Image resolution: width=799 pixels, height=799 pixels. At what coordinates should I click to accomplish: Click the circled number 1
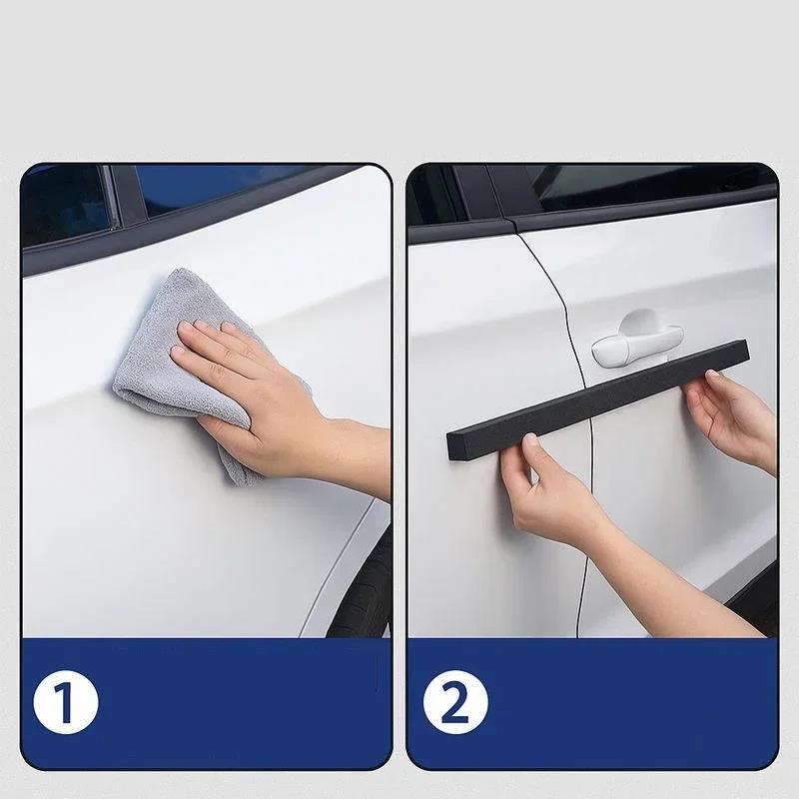point(66,703)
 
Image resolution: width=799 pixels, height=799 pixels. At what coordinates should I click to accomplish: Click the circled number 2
point(455,703)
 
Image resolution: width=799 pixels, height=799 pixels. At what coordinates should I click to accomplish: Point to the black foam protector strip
point(598,399)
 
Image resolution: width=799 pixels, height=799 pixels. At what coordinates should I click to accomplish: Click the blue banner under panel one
point(206,703)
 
